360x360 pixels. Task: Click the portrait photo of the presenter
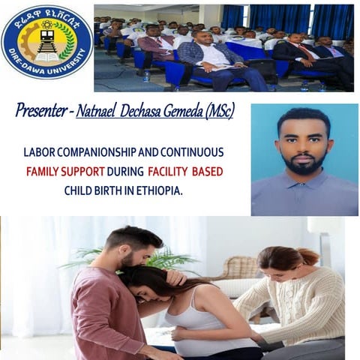click(304, 159)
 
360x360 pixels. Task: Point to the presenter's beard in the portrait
click(303, 166)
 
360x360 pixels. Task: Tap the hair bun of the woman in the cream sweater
click(309, 256)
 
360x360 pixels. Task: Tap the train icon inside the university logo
click(46, 41)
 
